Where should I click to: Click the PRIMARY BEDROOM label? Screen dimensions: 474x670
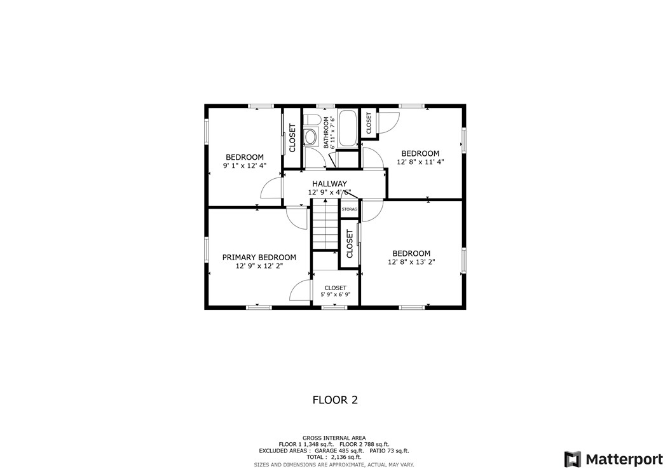pyautogui.click(x=259, y=257)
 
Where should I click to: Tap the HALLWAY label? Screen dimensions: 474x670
pyautogui.click(x=329, y=183)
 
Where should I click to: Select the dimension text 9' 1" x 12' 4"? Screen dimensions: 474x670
pyautogui.click(x=245, y=165)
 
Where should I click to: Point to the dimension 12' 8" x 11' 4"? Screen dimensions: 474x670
pyautogui.click(x=420, y=162)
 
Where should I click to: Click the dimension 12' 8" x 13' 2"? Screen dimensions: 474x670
pyautogui.click(x=411, y=261)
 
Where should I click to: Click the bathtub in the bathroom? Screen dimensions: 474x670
pyautogui.click(x=348, y=128)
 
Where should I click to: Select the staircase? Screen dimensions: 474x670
pyautogui.click(x=324, y=224)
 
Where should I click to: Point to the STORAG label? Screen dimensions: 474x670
pyautogui.click(x=350, y=209)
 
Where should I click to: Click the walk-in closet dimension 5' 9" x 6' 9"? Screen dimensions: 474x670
pyautogui.click(x=335, y=295)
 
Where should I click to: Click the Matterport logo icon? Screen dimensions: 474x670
pyautogui.click(x=572, y=459)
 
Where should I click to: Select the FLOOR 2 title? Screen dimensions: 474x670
pyautogui.click(x=335, y=400)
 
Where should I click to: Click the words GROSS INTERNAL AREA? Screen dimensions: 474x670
pyautogui.click(x=334, y=438)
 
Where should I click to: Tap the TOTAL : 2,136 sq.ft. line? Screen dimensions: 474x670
pyautogui.click(x=334, y=457)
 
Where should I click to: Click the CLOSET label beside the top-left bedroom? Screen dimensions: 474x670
pyautogui.click(x=292, y=137)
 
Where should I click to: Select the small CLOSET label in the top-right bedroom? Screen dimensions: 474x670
pyautogui.click(x=369, y=123)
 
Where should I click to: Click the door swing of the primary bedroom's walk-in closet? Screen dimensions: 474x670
pyautogui.click(x=300, y=291)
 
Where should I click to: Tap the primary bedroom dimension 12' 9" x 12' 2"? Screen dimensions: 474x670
pyautogui.click(x=259, y=266)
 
